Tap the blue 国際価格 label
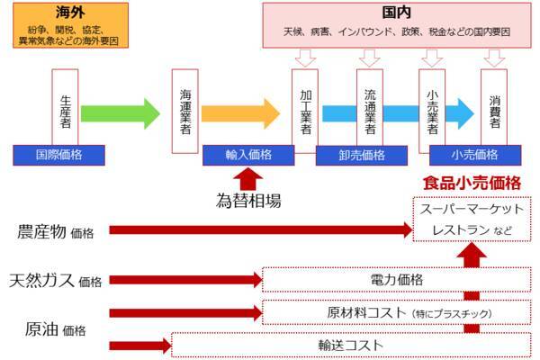click(60, 154)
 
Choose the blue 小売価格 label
click(475, 154)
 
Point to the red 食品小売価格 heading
click(472, 182)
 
